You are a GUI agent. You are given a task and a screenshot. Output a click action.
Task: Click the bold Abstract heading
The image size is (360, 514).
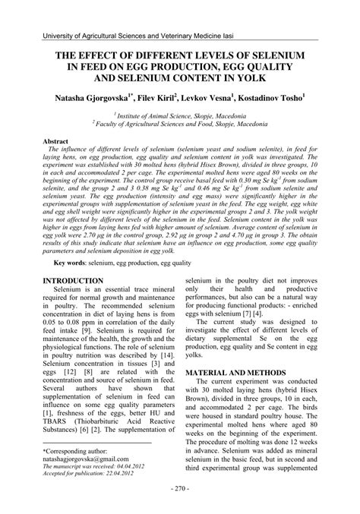pyautogui.click(x=56, y=142)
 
